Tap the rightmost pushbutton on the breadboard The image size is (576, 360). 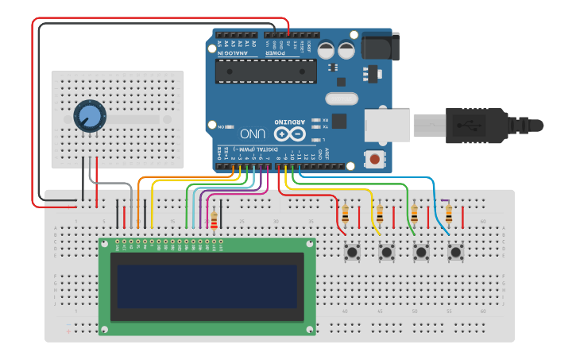coord(455,253)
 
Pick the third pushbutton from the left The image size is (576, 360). coord(421,253)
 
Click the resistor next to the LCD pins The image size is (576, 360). coord(213,219)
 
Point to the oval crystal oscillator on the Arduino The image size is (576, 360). coord(342,99)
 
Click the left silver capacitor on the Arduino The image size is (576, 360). coord(327,50)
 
